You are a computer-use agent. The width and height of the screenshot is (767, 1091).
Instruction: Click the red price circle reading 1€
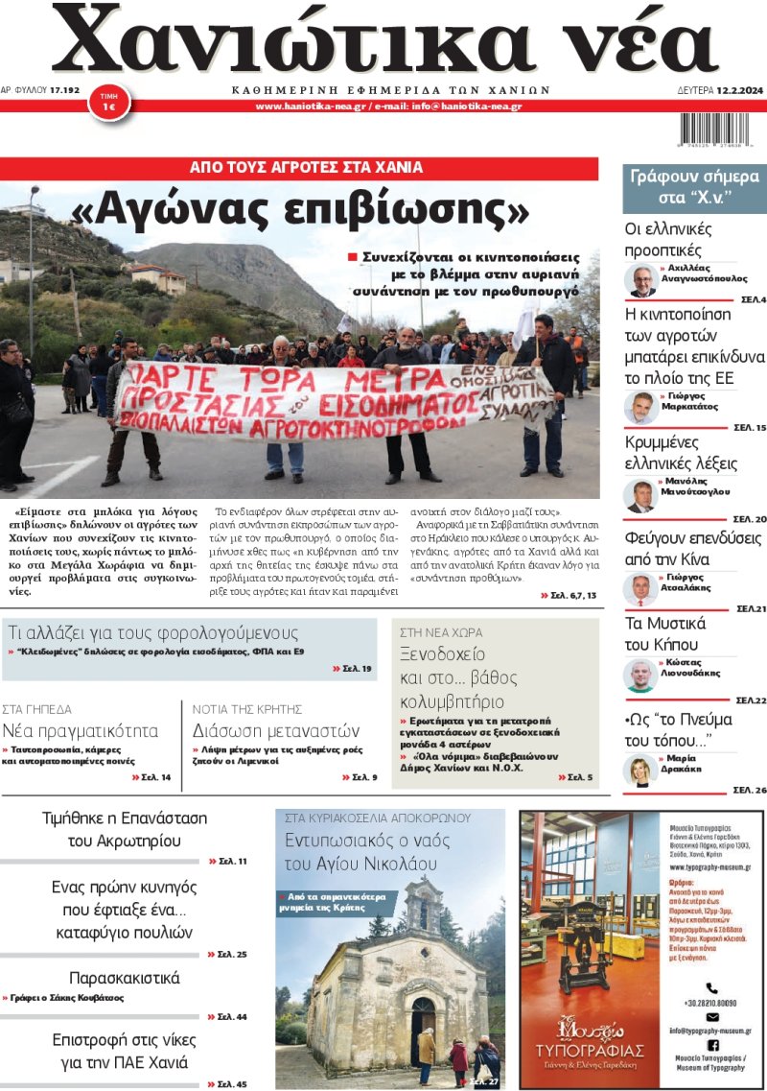108,103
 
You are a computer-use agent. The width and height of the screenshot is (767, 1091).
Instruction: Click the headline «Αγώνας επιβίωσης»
300,210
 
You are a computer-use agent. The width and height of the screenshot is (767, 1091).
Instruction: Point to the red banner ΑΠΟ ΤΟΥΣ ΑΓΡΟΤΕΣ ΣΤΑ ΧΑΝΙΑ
307,168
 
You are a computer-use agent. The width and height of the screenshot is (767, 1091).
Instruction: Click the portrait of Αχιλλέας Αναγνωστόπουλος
641,280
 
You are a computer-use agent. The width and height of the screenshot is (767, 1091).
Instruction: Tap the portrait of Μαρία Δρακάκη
640,771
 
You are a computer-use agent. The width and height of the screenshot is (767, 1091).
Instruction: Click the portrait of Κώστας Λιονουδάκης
639,676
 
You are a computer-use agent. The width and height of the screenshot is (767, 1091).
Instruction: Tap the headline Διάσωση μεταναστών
276,730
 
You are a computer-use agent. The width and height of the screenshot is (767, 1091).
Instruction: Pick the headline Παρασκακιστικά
125,979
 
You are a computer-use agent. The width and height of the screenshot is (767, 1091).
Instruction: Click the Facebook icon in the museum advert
711,1045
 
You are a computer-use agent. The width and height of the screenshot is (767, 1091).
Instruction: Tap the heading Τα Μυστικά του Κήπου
665,633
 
